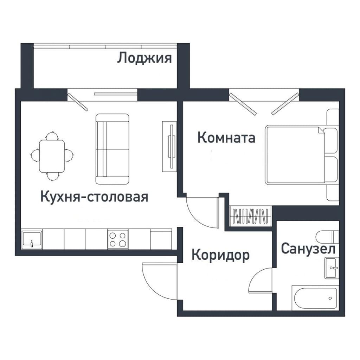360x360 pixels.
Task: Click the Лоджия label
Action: coord(144,58)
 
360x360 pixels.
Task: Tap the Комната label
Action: coord(226,138)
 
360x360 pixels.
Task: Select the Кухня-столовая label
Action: coord(94,197)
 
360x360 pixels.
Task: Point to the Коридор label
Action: coord(220,255)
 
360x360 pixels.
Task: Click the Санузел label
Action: coord(308,249)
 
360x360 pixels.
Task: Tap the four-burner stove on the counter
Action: coord(118,239)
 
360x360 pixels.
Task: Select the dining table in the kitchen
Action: coord(52,156)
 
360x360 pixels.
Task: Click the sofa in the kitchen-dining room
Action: coord(112,149)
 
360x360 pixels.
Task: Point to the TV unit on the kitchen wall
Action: coord(170,147)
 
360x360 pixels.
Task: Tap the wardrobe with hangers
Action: coord(250,216)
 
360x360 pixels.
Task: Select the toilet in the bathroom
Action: coord(327,237)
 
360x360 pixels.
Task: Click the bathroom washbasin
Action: coord(332,268)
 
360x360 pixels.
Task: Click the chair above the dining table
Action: coord(52,136)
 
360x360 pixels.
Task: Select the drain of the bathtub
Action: coord(330,298)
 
